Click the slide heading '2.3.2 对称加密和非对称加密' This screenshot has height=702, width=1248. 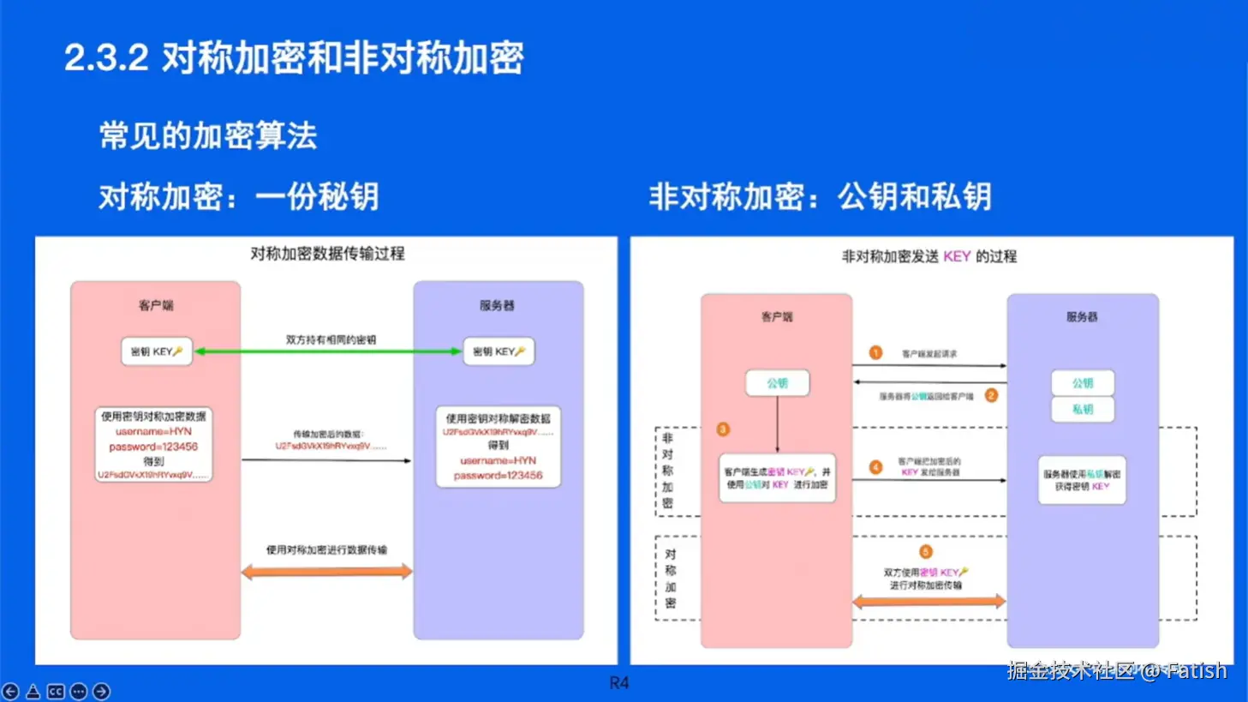tap(294, 58)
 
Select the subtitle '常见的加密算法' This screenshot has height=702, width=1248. tap(208, 135)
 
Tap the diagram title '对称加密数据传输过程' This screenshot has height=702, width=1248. tap(327, 254)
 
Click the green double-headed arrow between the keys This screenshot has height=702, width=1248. tap(327, 351)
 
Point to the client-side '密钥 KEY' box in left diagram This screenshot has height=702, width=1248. tap(157, 351)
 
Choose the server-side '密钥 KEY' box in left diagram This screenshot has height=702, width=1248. tap(499, 351)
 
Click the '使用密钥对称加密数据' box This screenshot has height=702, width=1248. tap(153, 445)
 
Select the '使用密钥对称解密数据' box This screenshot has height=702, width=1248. tap(499, 447)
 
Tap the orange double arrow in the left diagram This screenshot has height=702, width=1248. tap(326, 572)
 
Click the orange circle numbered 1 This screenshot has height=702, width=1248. tap(875, 353)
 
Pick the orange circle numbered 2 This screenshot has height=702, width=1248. tap(991, 395)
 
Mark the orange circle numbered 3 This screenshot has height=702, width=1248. tap(723, 429)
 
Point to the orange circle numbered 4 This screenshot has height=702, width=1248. tap(875, 467)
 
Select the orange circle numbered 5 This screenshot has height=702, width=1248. tap(925, 552)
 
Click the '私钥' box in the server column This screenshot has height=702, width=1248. tap(1083, 410)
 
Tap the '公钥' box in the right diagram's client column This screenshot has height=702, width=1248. tap(777, 383)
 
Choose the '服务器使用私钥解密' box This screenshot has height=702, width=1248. tap(1082, 480)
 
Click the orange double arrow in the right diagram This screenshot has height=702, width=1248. tap(929, 602)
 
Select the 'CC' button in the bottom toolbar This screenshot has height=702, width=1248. tap(56, 691)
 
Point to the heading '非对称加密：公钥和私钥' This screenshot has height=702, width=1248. tap(820, 197)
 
